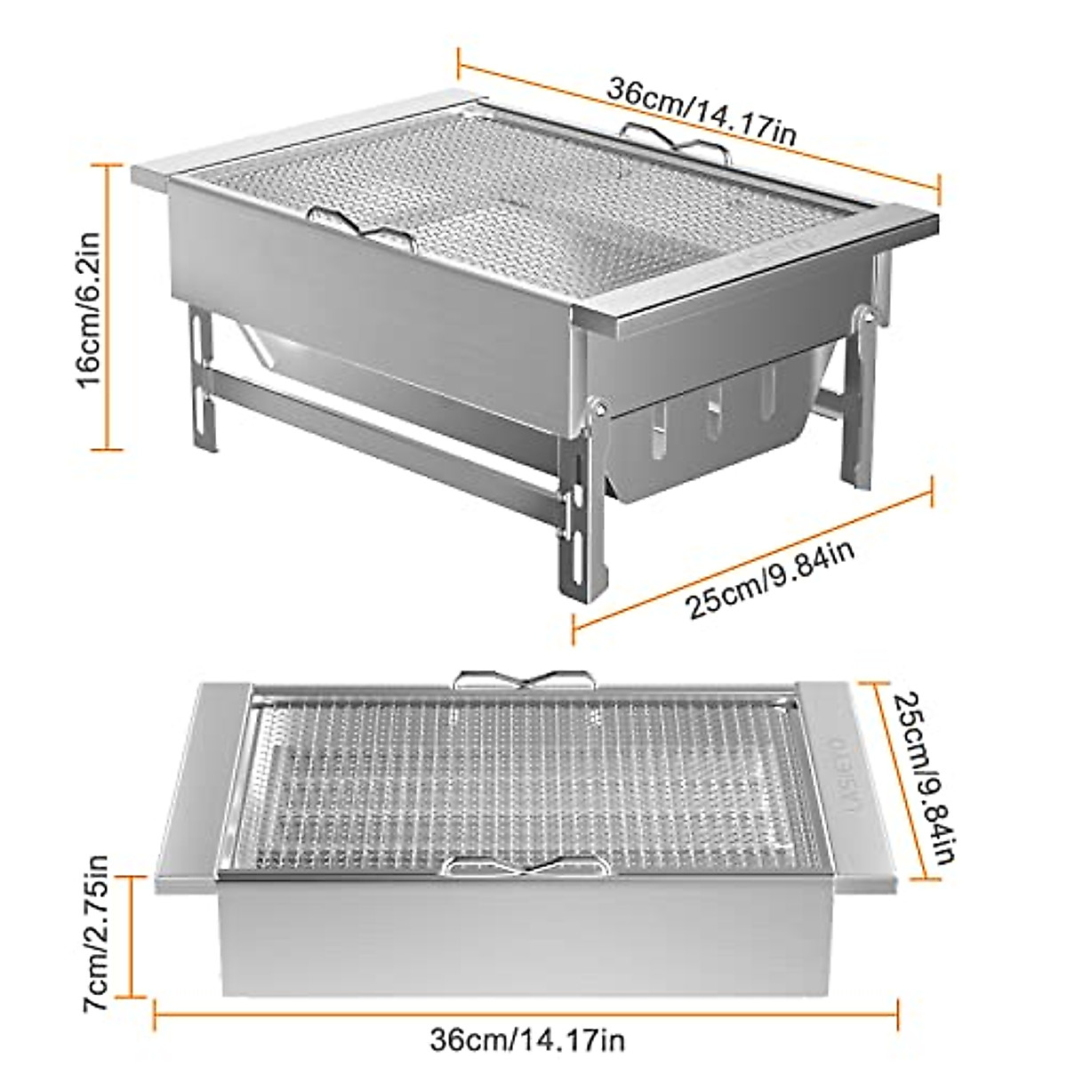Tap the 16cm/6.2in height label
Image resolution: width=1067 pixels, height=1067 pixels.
(92, 307)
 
